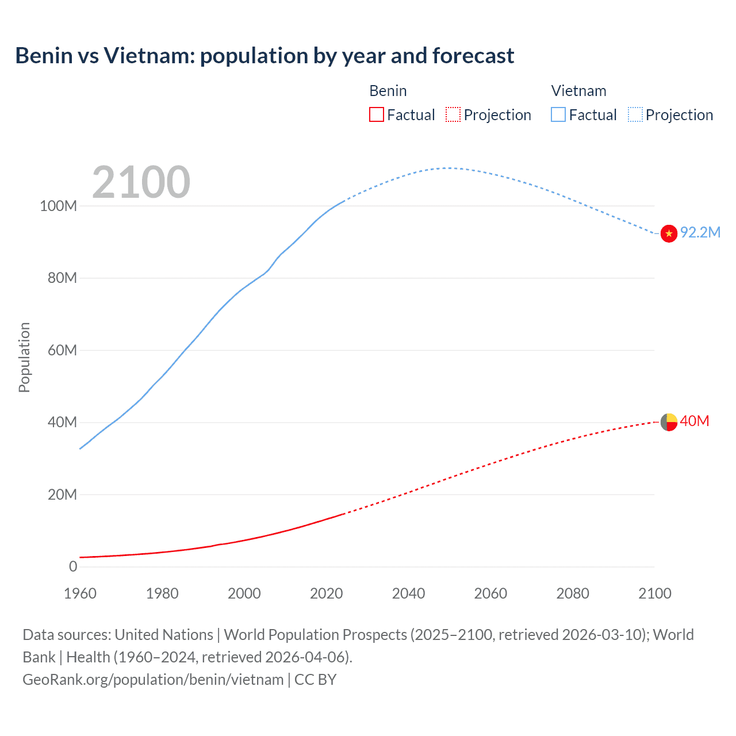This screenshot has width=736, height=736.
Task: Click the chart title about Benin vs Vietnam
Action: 264,56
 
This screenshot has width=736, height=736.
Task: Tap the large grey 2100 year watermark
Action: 141,182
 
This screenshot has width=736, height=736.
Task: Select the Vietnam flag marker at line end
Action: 669,233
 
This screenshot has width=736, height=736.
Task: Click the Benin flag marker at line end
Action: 669,422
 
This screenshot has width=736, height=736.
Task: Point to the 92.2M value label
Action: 700,232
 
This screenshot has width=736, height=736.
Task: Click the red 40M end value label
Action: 694,421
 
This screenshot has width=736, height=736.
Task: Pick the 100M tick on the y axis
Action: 58,206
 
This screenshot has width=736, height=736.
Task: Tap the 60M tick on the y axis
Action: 62,350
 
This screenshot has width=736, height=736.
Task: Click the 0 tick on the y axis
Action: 73,566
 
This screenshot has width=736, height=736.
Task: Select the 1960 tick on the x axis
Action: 80,593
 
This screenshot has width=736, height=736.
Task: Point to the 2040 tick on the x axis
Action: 408,593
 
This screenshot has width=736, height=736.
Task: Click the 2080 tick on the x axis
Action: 573,593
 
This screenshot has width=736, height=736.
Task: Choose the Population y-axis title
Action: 24,357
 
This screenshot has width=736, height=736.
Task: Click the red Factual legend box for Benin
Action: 377,115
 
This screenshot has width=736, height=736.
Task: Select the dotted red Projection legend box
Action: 453,115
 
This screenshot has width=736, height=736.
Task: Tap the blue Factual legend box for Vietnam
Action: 558,115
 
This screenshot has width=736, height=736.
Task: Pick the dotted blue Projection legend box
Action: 635,115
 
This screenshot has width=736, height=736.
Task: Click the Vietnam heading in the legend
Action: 578,91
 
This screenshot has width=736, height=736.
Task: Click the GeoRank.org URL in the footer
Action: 153,680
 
